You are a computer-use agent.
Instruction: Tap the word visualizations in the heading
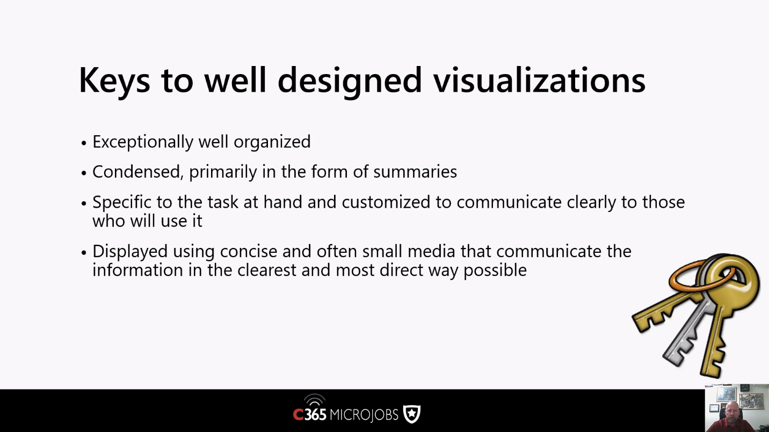pos(539,79)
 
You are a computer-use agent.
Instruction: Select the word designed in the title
pos(349,82)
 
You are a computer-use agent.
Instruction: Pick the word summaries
pos(415,172)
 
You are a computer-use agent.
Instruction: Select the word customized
pos(386,202)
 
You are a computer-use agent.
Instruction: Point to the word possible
pos(495,270)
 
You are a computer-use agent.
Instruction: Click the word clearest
pos(267,270)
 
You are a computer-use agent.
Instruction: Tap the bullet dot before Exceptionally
pos(84,143)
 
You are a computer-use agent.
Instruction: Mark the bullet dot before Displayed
pos(84,253)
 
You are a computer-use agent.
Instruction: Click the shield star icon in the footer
pos(412,414)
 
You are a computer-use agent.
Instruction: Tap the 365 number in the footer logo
pos(315,414)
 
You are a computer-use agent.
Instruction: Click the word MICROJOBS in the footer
pos(364,414)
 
